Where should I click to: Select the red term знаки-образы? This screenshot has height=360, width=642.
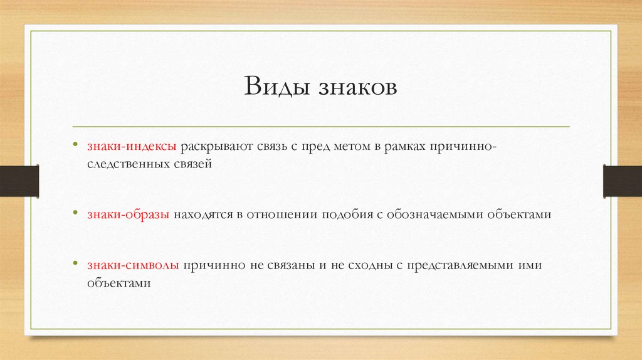[128, 214]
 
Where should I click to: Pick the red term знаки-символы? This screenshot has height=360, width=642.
[134, 265]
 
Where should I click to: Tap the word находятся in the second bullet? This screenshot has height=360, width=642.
[201, 214]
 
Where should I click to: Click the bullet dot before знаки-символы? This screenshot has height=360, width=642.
[76, 265]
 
